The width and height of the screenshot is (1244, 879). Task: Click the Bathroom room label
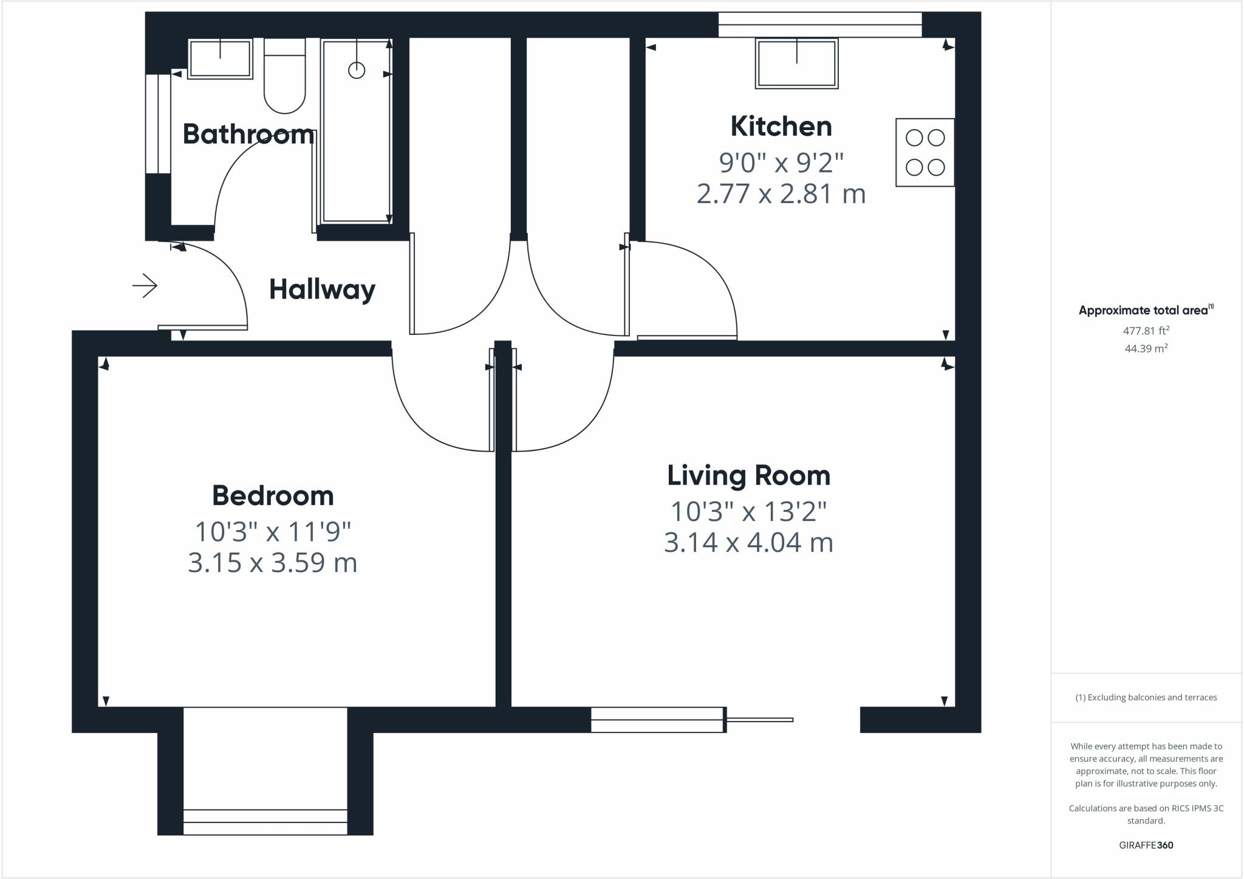coord(248,134)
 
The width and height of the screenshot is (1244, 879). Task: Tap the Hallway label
coord(322,289)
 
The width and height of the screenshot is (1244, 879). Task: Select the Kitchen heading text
coord(781,126)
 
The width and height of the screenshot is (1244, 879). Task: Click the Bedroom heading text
coord(273,496)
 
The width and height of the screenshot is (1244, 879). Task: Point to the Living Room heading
coord(748,475)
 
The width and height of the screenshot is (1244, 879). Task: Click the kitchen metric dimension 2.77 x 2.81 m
coord(781,194)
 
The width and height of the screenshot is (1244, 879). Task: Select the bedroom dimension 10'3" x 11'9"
coord(273,532)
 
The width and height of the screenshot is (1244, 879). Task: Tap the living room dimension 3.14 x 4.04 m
coord(748,542)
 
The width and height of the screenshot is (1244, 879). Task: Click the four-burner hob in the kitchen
coord(924,152)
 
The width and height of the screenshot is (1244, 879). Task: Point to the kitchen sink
coord(796,63)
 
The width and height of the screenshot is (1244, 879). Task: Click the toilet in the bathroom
coord(284,76)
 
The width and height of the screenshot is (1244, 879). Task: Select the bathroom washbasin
coord(220,59)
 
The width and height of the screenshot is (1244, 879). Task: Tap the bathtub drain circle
coord(357,71)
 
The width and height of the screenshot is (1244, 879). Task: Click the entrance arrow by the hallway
coord(145,286)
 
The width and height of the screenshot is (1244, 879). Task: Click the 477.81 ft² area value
coord(1146,331)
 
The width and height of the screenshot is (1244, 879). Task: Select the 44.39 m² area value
coord(1146,349)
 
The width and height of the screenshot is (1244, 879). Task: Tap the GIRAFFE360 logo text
coord(1146,845)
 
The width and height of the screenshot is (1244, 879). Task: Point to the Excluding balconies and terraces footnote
coord(1146,697)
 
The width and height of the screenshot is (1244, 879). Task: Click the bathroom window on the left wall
coord(158,124)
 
